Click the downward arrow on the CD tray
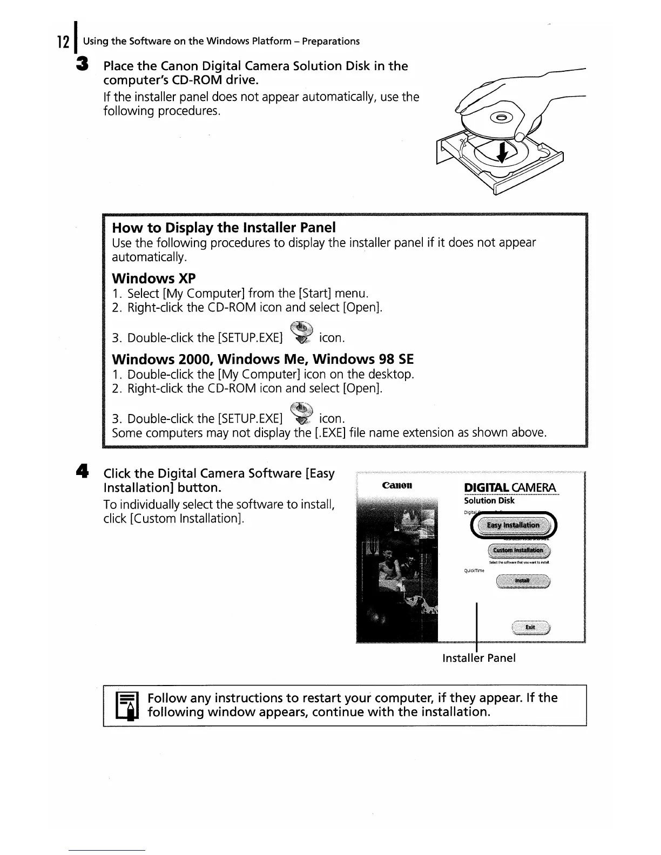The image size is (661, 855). tap(502, 151)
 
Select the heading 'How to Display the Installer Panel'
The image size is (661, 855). tap(224, 227)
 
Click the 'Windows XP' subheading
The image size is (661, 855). tap(153, 279)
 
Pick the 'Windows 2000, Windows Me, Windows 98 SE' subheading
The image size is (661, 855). tap(262, 359)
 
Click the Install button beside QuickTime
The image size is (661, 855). tap(522, 581)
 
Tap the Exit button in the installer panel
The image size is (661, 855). tap(530, 627)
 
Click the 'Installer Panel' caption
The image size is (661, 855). tap(478, 658)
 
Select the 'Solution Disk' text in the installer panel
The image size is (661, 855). tap(489, 500)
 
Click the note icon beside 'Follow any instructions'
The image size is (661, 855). tap(127, 705)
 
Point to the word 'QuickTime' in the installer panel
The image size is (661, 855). tap(474, 570)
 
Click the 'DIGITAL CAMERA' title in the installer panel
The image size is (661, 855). tap(510, 488)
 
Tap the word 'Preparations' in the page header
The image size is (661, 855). tap(330, 42)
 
